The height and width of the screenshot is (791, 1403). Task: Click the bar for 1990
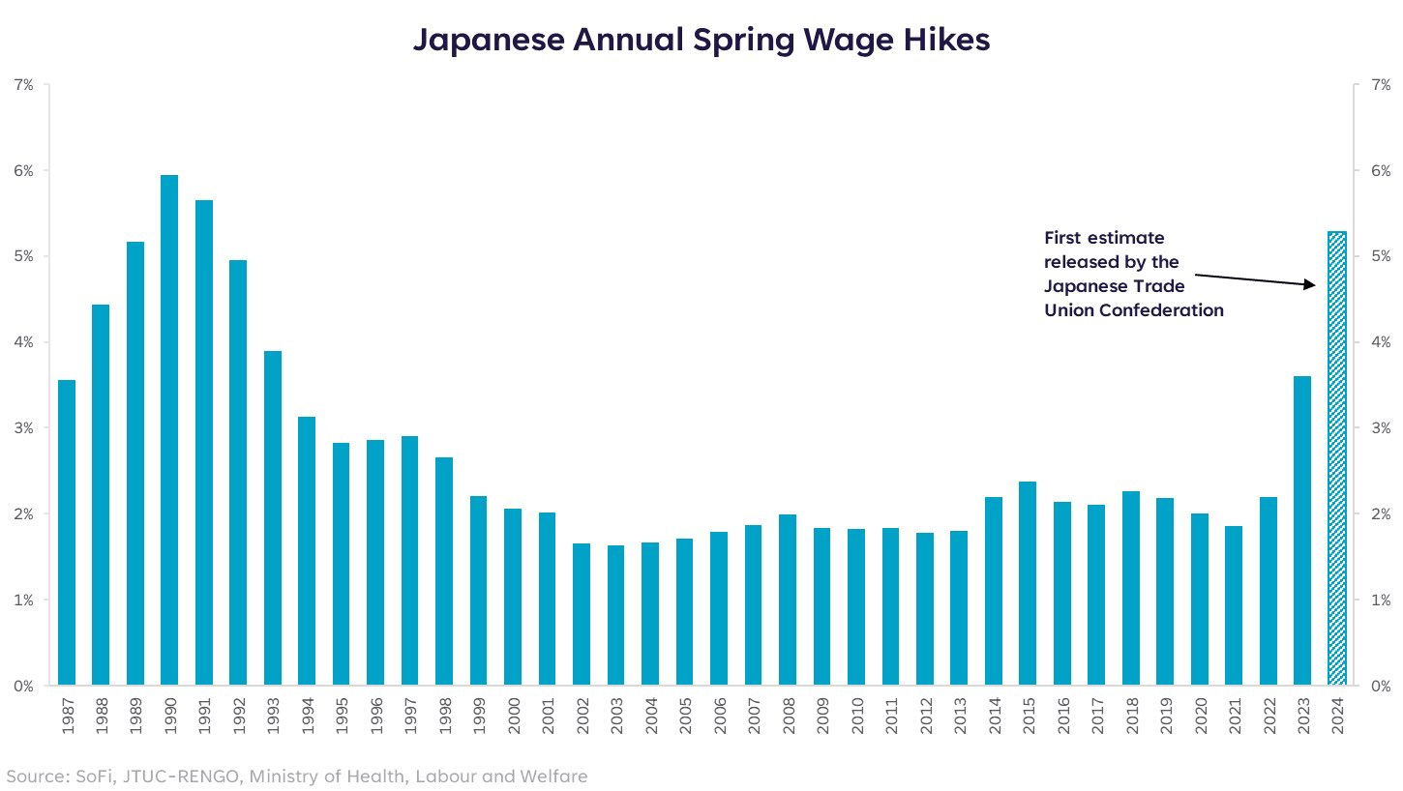point(169,430)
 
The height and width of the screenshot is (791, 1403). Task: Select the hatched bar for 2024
point(1336,459)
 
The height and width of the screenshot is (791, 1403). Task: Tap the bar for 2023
point(1302,531)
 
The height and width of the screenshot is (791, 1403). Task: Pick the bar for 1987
point(67,533)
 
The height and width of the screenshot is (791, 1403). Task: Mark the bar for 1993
point(273,518)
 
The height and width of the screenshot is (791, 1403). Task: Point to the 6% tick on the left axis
point(23,171)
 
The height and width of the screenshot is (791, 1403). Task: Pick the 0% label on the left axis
point(23,687)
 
